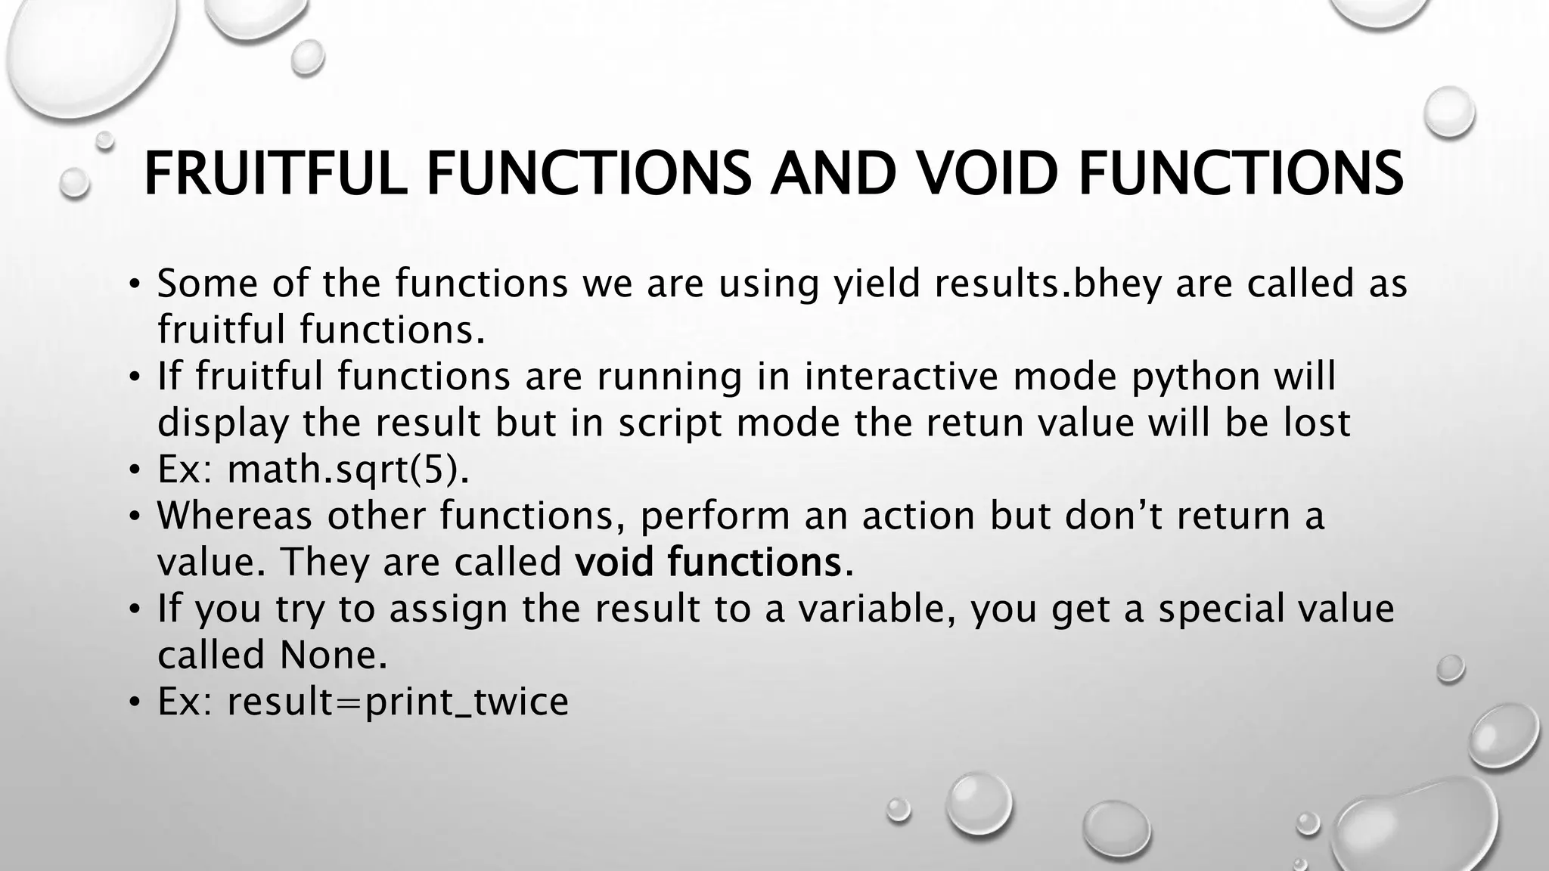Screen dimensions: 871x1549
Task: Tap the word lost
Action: tap(1316, 423)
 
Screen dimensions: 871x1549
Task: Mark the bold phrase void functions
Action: tap(708, 563)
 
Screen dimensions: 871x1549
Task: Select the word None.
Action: tap(333, 656)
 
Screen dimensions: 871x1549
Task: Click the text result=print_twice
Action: tap(398, 702)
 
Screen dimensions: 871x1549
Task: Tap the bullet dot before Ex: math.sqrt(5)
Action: tap(134, 471)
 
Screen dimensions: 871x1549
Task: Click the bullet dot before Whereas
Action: tap(134, 517)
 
